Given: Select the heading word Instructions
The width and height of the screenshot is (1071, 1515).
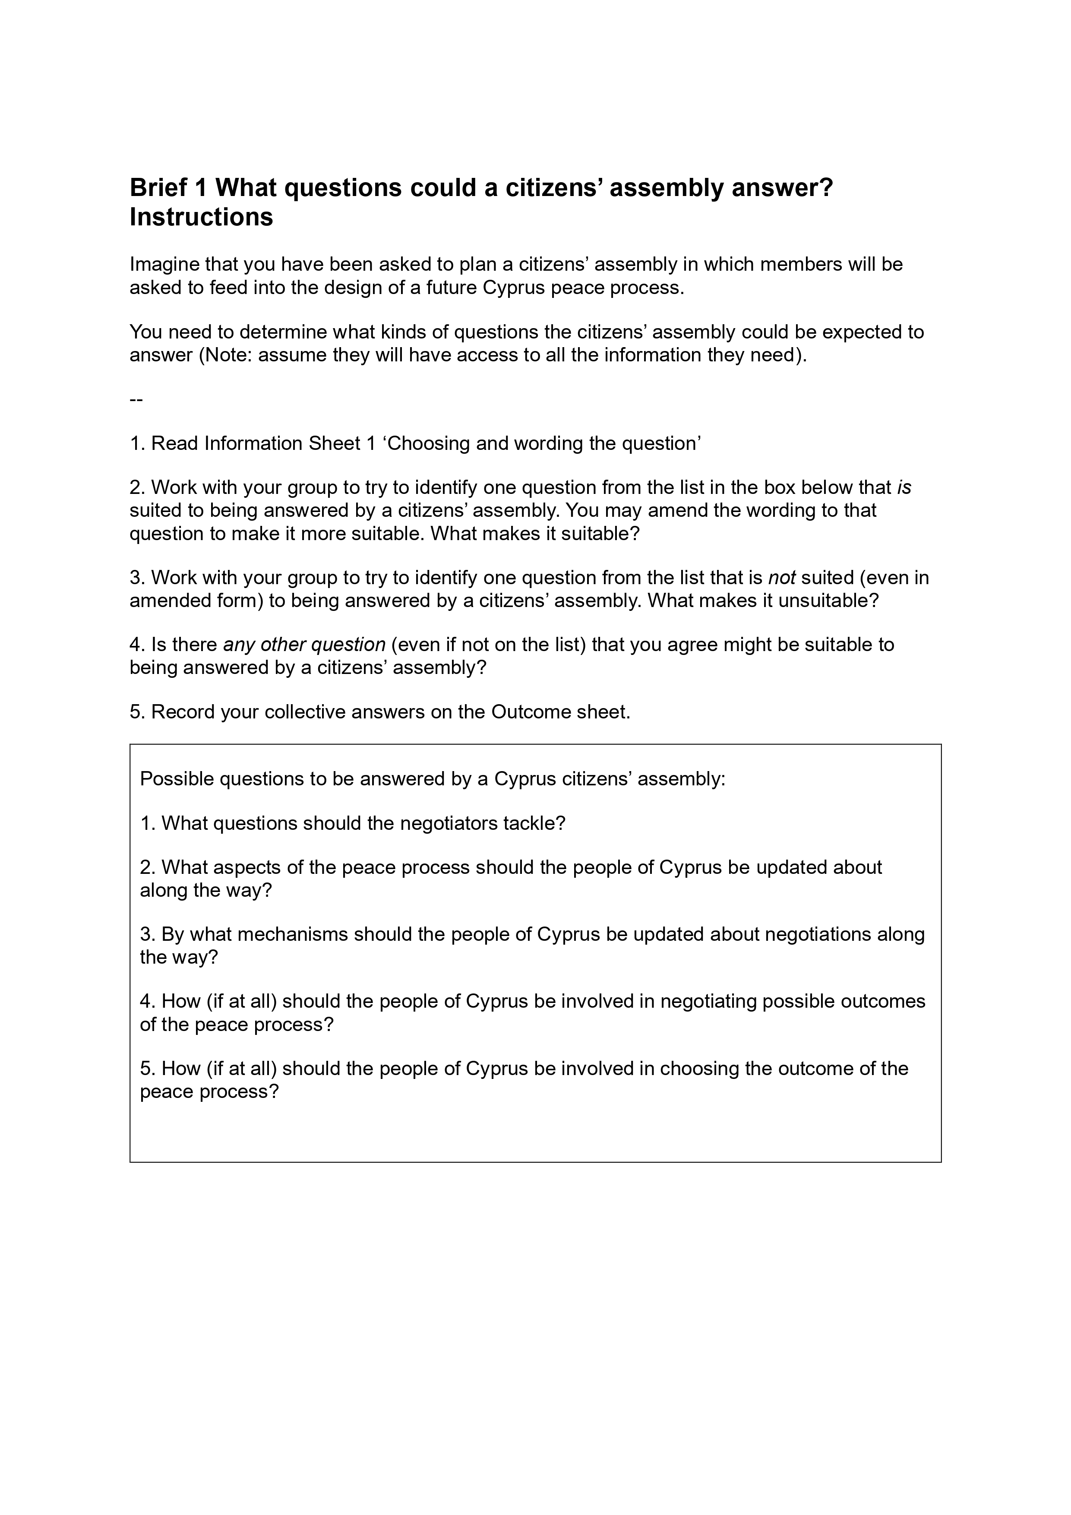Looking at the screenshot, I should [201, 217].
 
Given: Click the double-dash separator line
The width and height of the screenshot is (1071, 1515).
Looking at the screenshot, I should [136, 400].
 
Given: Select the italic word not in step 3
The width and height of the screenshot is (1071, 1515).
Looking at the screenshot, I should [782, 578].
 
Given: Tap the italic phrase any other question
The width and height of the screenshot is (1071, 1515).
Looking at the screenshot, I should [304, 645].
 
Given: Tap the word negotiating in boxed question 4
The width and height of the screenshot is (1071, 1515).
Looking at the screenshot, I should [708, 1002].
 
